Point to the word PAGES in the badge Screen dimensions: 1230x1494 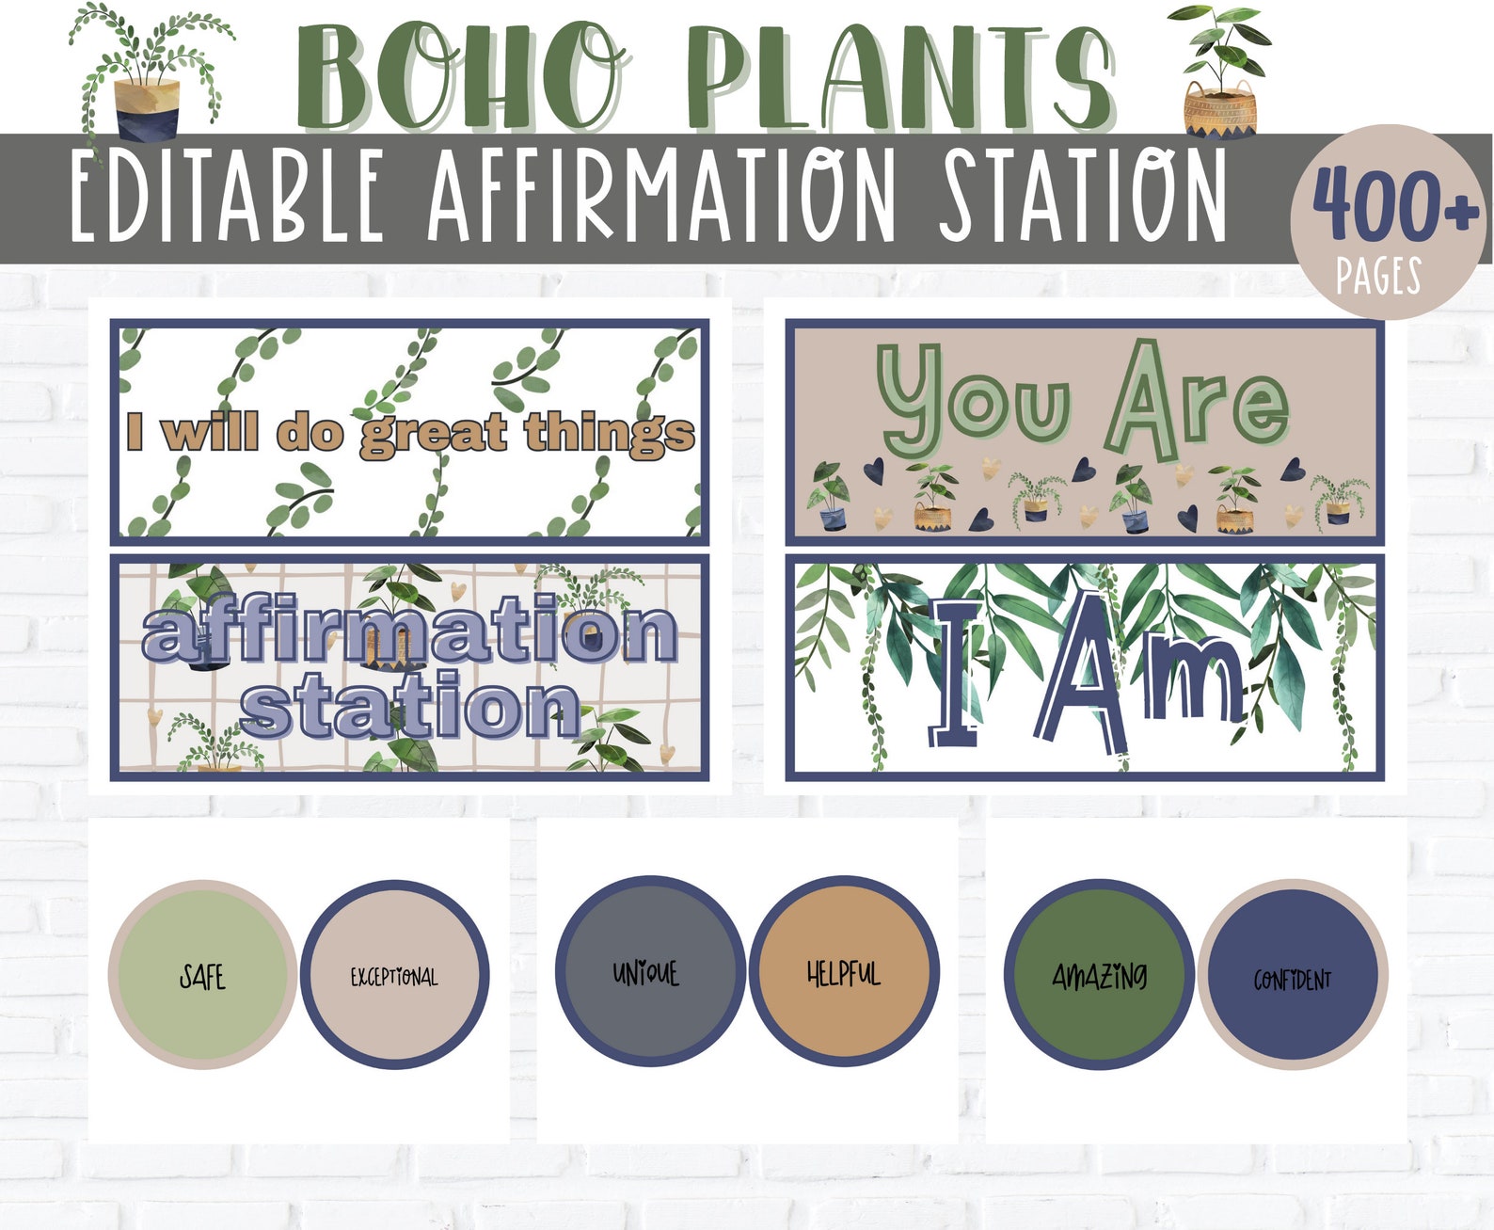coord(1378,277)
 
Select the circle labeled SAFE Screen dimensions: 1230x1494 coord(202,975)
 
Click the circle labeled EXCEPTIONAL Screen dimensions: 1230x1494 coord(394,975)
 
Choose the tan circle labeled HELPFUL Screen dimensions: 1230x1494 coord(844,971)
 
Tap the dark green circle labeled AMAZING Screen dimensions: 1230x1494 coord(1099,975)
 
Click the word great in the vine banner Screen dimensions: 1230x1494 coord(435,433)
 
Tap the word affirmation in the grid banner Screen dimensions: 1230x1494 coord(410,631)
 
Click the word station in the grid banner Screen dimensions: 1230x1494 coord(410,708)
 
